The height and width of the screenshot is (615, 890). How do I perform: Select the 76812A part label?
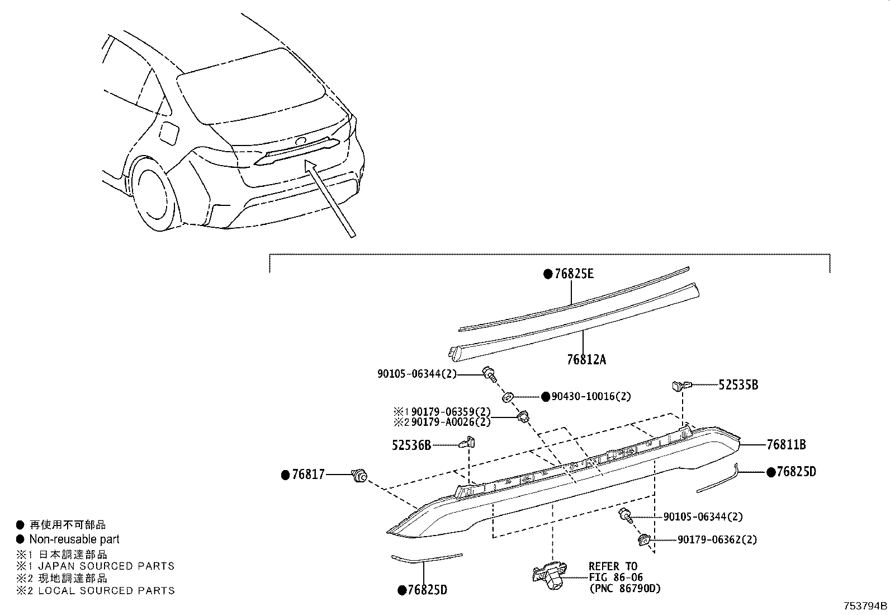586,360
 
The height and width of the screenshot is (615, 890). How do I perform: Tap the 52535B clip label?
738,385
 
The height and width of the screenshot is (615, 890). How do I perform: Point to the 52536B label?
411,445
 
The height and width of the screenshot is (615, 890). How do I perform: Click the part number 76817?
309,475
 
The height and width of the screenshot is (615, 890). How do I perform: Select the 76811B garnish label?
786,445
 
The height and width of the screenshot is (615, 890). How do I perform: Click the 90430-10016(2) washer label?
591,397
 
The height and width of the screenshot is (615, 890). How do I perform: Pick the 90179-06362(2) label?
717,540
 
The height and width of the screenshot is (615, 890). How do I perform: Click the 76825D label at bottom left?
427,590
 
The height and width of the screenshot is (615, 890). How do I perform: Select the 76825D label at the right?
796,472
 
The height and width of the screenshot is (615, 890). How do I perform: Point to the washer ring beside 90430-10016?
508,397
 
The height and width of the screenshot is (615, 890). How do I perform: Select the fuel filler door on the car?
169,133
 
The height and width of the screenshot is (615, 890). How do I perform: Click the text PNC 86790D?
624,589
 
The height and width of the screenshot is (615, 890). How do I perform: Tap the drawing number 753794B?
865,606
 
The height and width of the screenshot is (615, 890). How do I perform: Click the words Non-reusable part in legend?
74,539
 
